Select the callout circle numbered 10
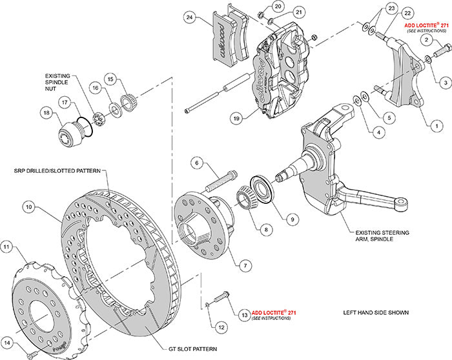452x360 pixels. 28,208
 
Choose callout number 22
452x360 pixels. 407,13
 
